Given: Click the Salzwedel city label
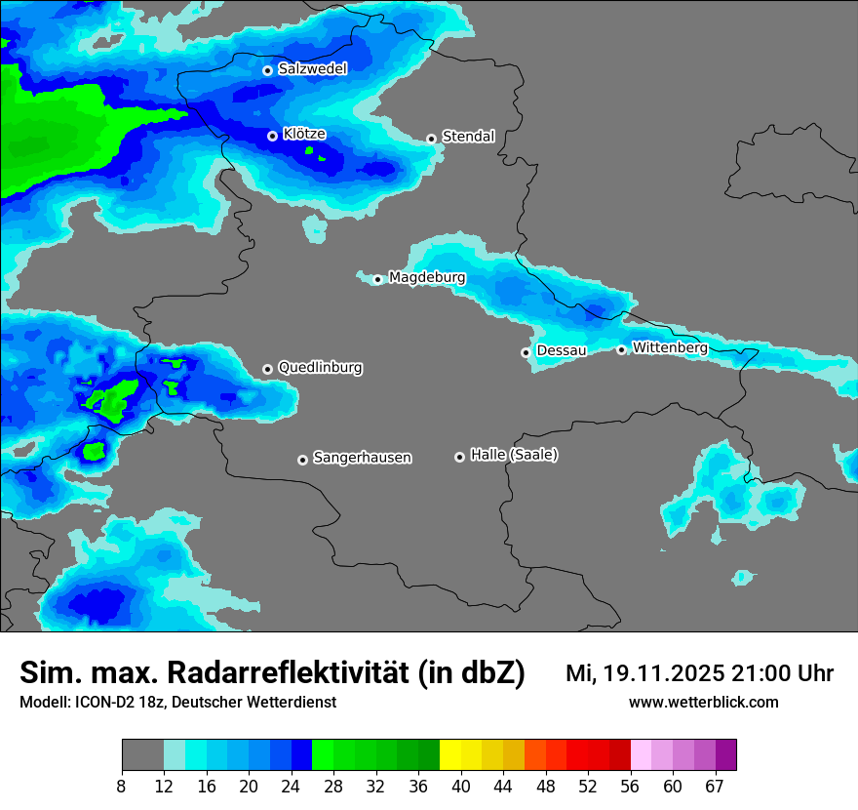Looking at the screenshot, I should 312,68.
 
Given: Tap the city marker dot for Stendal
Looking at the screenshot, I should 431,139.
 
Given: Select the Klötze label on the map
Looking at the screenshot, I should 304,134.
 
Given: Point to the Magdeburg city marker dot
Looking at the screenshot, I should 378,279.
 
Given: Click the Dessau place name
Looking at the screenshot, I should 562,350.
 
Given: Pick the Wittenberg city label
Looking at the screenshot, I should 670,347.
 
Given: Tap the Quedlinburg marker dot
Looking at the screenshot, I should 267,369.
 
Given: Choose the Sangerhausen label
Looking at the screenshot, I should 362,458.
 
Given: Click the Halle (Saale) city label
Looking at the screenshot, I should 514,455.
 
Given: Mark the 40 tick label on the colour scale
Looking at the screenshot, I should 461,787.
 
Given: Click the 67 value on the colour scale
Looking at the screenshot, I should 715,787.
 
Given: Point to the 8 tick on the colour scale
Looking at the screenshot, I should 122,787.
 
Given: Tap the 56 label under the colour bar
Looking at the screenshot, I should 631,787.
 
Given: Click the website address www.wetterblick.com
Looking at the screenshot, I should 703,702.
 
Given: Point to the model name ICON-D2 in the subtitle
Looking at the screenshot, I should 97,702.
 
